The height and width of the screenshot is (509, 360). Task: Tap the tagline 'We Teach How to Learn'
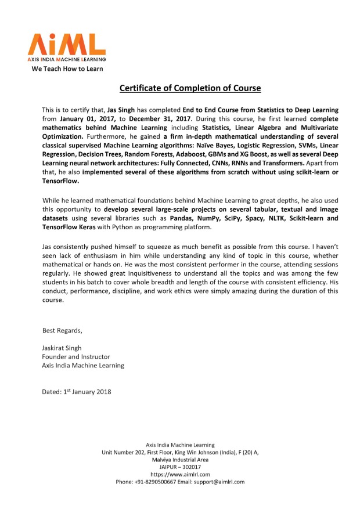67,69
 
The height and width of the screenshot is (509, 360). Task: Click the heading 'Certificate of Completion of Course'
190,89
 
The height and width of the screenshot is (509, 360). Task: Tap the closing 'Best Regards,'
62,331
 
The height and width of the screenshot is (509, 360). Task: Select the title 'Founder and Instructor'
76,356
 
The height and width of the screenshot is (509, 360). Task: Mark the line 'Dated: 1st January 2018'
77,392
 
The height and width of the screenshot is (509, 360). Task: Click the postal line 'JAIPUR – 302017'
180,467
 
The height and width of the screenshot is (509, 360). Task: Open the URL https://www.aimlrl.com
180,474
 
